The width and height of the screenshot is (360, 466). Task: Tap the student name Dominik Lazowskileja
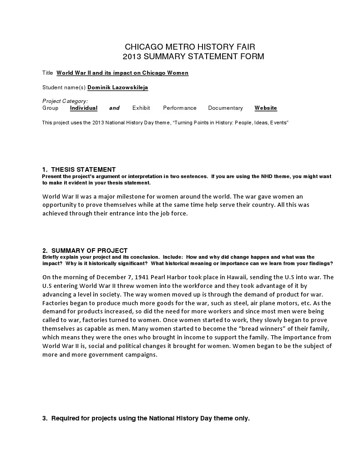click(117, 87)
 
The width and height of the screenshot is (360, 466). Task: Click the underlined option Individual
click(84, 108)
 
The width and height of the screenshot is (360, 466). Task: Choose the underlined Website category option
click(266, 108)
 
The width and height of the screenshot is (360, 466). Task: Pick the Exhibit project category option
click(141, 108)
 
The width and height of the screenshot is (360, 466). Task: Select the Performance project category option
click(180, 108)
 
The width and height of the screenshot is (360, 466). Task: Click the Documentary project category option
click(225, 108)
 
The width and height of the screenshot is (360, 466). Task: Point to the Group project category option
click(50, 108)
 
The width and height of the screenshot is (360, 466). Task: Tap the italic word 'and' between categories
click(114, 108)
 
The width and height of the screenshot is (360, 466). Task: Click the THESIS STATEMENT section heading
click(83, 169)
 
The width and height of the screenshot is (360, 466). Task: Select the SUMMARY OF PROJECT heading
click(89, 251)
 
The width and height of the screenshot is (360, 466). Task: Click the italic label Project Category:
click(65, 101)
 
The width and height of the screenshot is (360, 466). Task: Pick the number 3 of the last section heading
click(44, 418)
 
